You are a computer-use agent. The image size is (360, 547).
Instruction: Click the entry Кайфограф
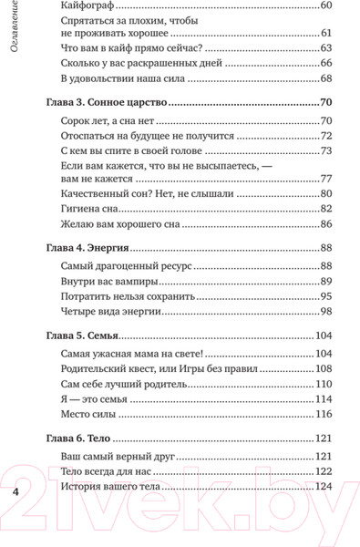pos(87,6)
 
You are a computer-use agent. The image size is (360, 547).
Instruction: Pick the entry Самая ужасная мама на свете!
pos(130,354)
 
